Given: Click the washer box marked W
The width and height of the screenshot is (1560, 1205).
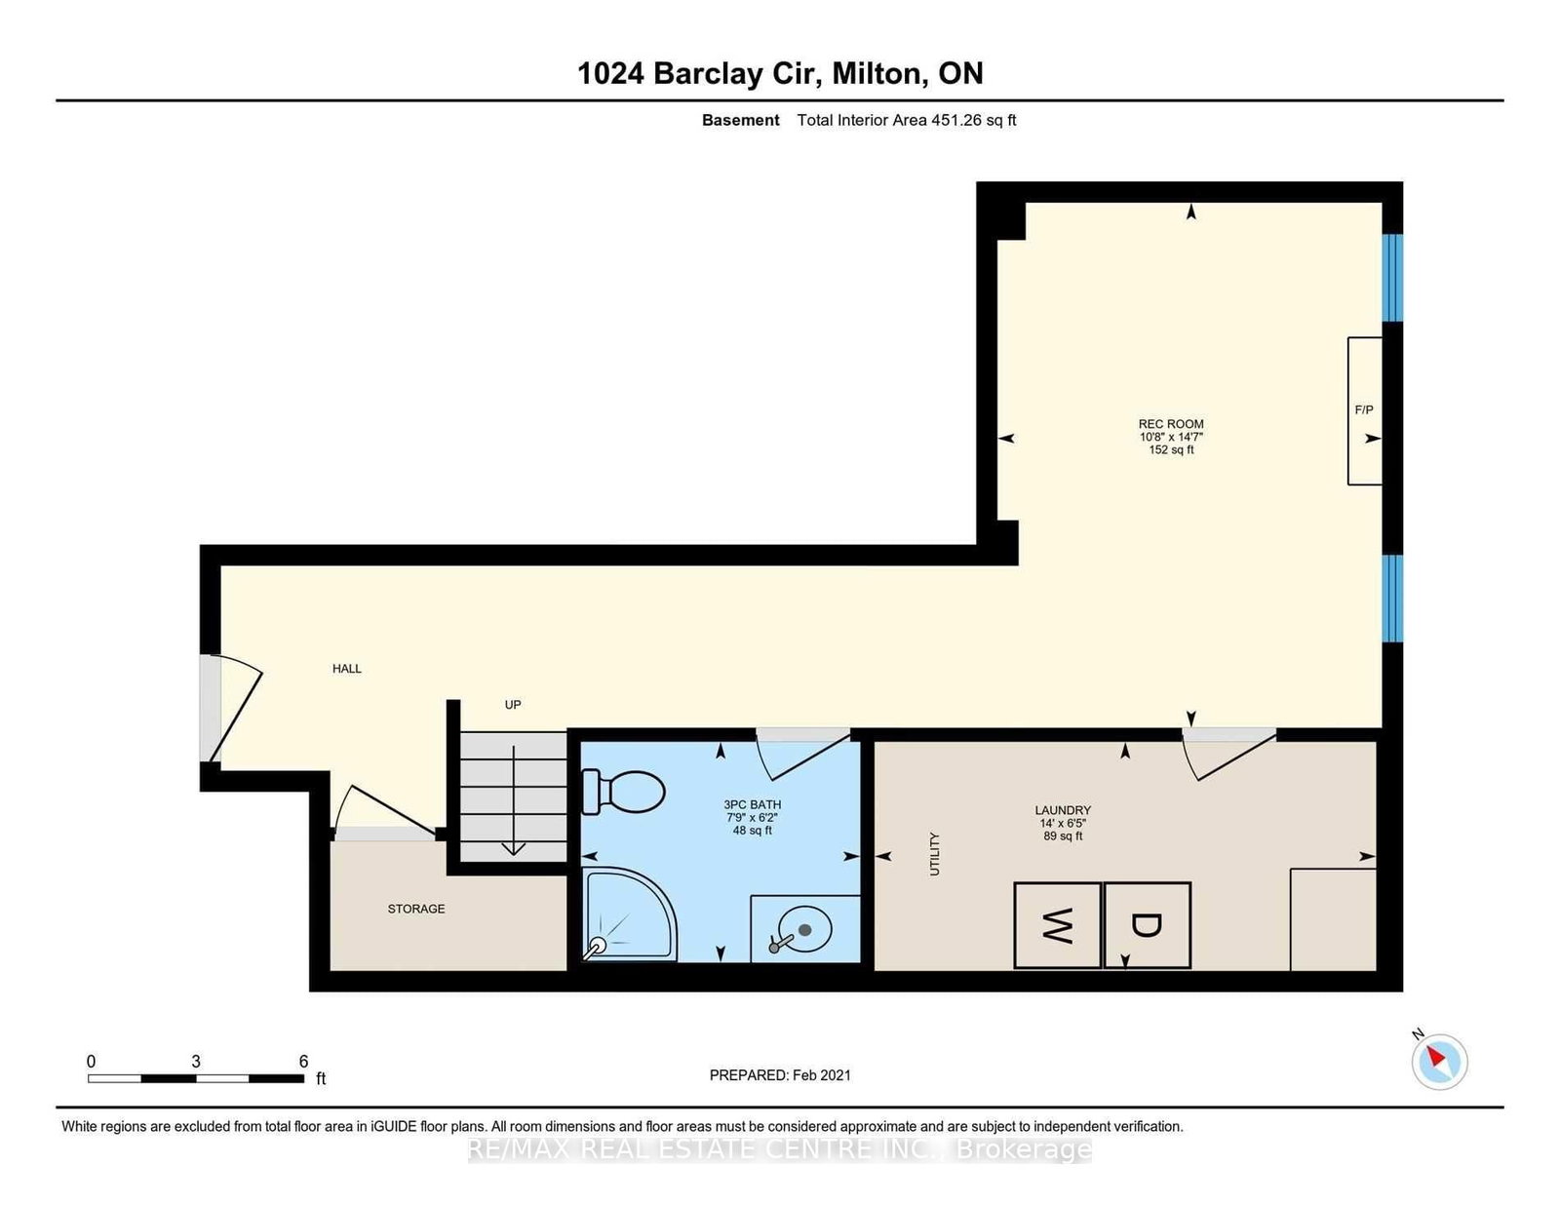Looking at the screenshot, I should click(1057, 925).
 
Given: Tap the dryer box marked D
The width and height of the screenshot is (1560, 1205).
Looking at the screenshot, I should click(1147, 925).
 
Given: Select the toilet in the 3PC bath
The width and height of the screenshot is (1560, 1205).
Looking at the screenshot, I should click(624, 792).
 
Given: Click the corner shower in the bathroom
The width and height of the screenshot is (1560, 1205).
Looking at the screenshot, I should click(625, 914).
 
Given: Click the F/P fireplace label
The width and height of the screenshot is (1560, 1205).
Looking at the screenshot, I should click(1364, 410).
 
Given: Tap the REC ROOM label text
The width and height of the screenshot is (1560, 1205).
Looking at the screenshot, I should click(1171, 424).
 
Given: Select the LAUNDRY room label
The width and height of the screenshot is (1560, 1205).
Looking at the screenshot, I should click(1063, 810).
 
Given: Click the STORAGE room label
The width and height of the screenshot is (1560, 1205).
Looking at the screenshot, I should click(416, 909).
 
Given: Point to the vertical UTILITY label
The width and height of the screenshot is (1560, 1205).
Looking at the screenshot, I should click(934, 854).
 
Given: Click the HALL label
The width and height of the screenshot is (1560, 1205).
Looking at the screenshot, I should click(347, 669).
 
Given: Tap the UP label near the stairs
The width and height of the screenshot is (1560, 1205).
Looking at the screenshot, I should click(513, 705).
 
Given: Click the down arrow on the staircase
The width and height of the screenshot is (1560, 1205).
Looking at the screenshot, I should click(513, 846).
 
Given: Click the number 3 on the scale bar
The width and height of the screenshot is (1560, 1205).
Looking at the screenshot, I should click(196, 1062).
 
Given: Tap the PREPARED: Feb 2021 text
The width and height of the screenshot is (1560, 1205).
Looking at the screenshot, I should click(780, 1075).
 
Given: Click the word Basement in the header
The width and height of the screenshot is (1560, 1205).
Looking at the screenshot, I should click(740, 120).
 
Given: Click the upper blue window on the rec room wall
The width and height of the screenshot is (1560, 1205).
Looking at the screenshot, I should click(1393, 278).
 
